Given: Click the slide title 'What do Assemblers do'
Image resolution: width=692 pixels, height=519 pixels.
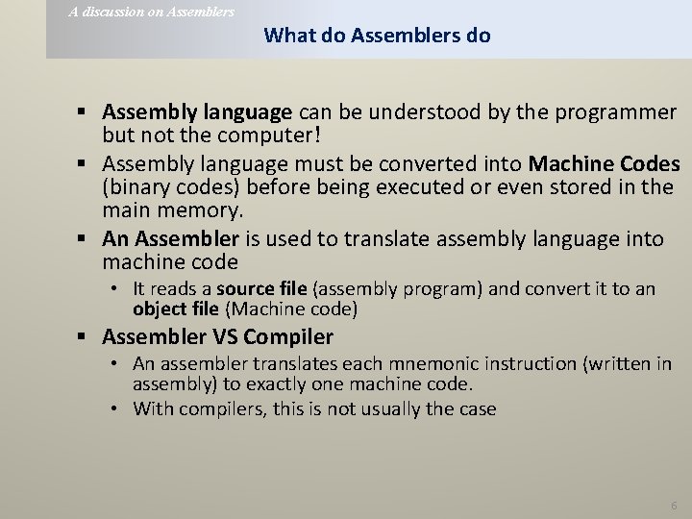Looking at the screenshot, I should (x=377, y=36).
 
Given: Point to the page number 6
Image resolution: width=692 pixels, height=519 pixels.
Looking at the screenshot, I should (x=674, y=505).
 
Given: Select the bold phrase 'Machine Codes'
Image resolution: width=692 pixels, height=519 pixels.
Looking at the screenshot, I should (x=605, y=162).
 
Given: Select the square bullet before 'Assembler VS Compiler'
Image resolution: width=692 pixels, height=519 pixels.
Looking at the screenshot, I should (x=87, y=337).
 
